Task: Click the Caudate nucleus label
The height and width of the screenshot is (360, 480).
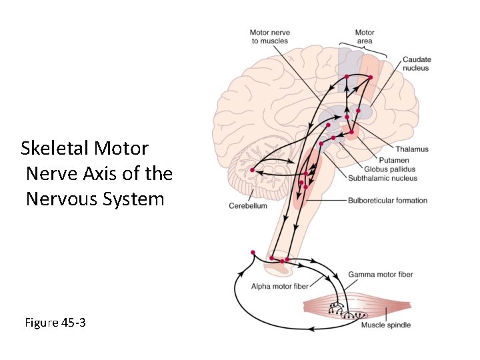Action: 416,64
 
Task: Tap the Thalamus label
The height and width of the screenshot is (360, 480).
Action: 411,149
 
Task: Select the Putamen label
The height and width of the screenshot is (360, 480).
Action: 395,160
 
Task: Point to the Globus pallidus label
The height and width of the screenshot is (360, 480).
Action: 389,169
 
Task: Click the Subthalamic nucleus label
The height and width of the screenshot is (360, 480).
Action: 383,179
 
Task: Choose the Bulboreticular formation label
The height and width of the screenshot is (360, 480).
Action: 387,200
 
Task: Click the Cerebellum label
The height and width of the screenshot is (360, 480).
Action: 248,206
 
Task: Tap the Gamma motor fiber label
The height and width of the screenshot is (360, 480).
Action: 381,275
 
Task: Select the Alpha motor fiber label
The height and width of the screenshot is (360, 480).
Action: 280,287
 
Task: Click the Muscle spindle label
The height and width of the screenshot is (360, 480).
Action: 386,325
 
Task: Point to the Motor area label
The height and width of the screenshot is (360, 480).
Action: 364,37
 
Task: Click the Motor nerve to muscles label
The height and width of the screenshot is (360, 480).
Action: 269,37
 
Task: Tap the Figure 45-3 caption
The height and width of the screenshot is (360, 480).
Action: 55,323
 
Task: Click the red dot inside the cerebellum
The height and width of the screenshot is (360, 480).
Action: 252,171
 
